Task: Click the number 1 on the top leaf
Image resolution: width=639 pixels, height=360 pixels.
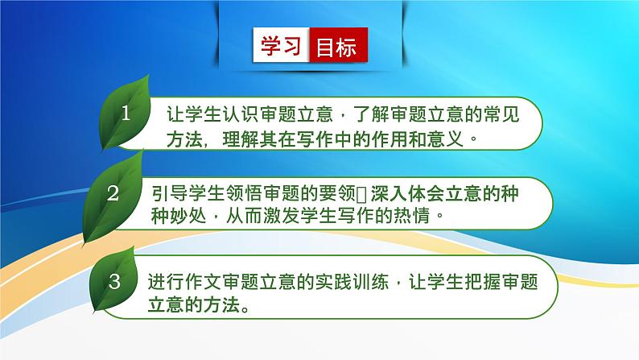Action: click(x=126, y=114)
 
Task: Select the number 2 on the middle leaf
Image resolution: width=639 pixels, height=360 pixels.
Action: click(x=113, y=193)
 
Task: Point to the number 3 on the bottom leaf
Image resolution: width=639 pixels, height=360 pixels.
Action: click(x=115, y=281)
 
